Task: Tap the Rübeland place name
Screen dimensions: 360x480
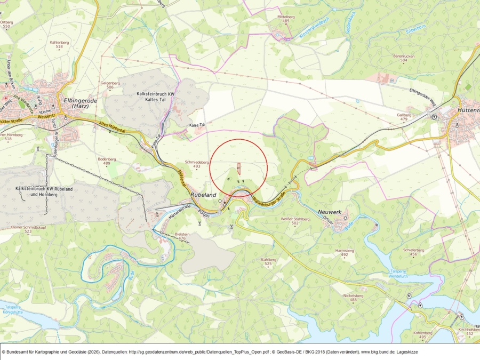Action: tap(202, 195)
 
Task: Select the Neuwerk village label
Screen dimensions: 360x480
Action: tap(328, 212)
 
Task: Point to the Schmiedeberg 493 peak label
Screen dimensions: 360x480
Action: tap(196, 164)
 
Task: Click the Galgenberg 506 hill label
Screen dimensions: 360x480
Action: tap(110, 85)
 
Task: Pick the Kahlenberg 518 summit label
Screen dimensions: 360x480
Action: tap(59, 44)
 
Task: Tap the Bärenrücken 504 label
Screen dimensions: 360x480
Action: tap(403, 58)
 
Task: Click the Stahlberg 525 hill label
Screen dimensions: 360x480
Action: tap(268, 261)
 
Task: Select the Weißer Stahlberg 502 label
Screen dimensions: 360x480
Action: tap(295, 221)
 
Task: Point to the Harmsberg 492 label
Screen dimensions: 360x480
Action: tap(344, 252)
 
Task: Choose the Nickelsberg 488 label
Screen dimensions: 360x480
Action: tap(353, 297)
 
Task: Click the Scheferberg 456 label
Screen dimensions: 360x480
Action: tap(413, 252)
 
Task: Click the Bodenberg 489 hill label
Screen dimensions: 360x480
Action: tap(107, 162)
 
